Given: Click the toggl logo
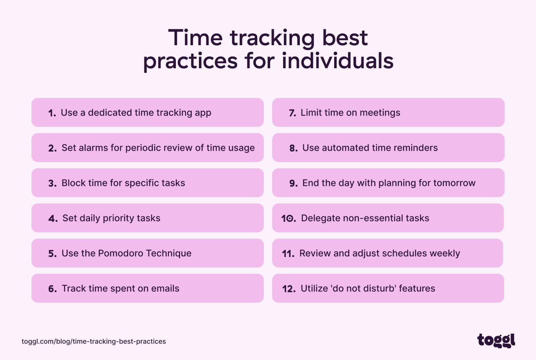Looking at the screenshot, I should tap(496, 341).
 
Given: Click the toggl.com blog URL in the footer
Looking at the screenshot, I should tap(94, 341).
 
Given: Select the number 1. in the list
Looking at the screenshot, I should tap(52, 113).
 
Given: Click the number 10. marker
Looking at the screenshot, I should tap(289, 219).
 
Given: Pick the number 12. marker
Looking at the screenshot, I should tap(289, 289).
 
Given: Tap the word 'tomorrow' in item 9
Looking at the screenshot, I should tap(455, 183).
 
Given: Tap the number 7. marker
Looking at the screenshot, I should tap(292, 113).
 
